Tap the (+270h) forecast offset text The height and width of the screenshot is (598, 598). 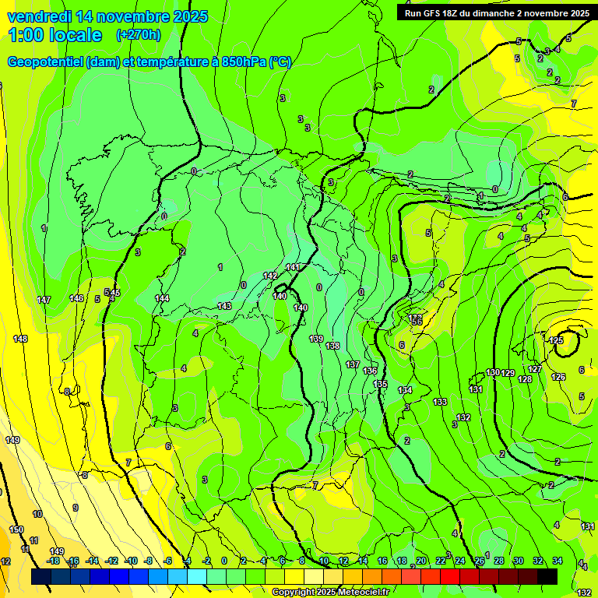pyautogui.click(x=138, y=35)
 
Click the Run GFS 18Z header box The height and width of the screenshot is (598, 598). pyautogui.click(x=494, y=12)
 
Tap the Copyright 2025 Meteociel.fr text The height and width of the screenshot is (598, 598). pyautogui.click(x=330, y=593)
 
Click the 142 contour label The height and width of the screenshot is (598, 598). pyautogui.click(x=270, y=276)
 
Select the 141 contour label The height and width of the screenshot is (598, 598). pyautogui.click(x=292, y=267)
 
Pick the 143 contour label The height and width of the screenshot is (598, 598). pyautogui.click(x=224, y=306)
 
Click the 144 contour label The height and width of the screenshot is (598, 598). pyautogui.click(x=162, y=298)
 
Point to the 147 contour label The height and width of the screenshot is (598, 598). pyautogui.click(x=44, y=300)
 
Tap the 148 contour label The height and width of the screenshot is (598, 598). pyautogui.click(x=20, y=339)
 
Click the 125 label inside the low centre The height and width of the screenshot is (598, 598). pyautogui.click(x=556, y=340)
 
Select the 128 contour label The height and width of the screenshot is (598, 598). pyautogui.click(x=525, y=379)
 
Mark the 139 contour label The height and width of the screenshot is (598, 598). pyautogui.click(x=316, y=339)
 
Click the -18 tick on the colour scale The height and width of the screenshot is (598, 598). pyautogui.click(x=53, y=561)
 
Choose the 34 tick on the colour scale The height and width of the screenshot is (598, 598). pyautogui.click(x=558, y=561)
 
